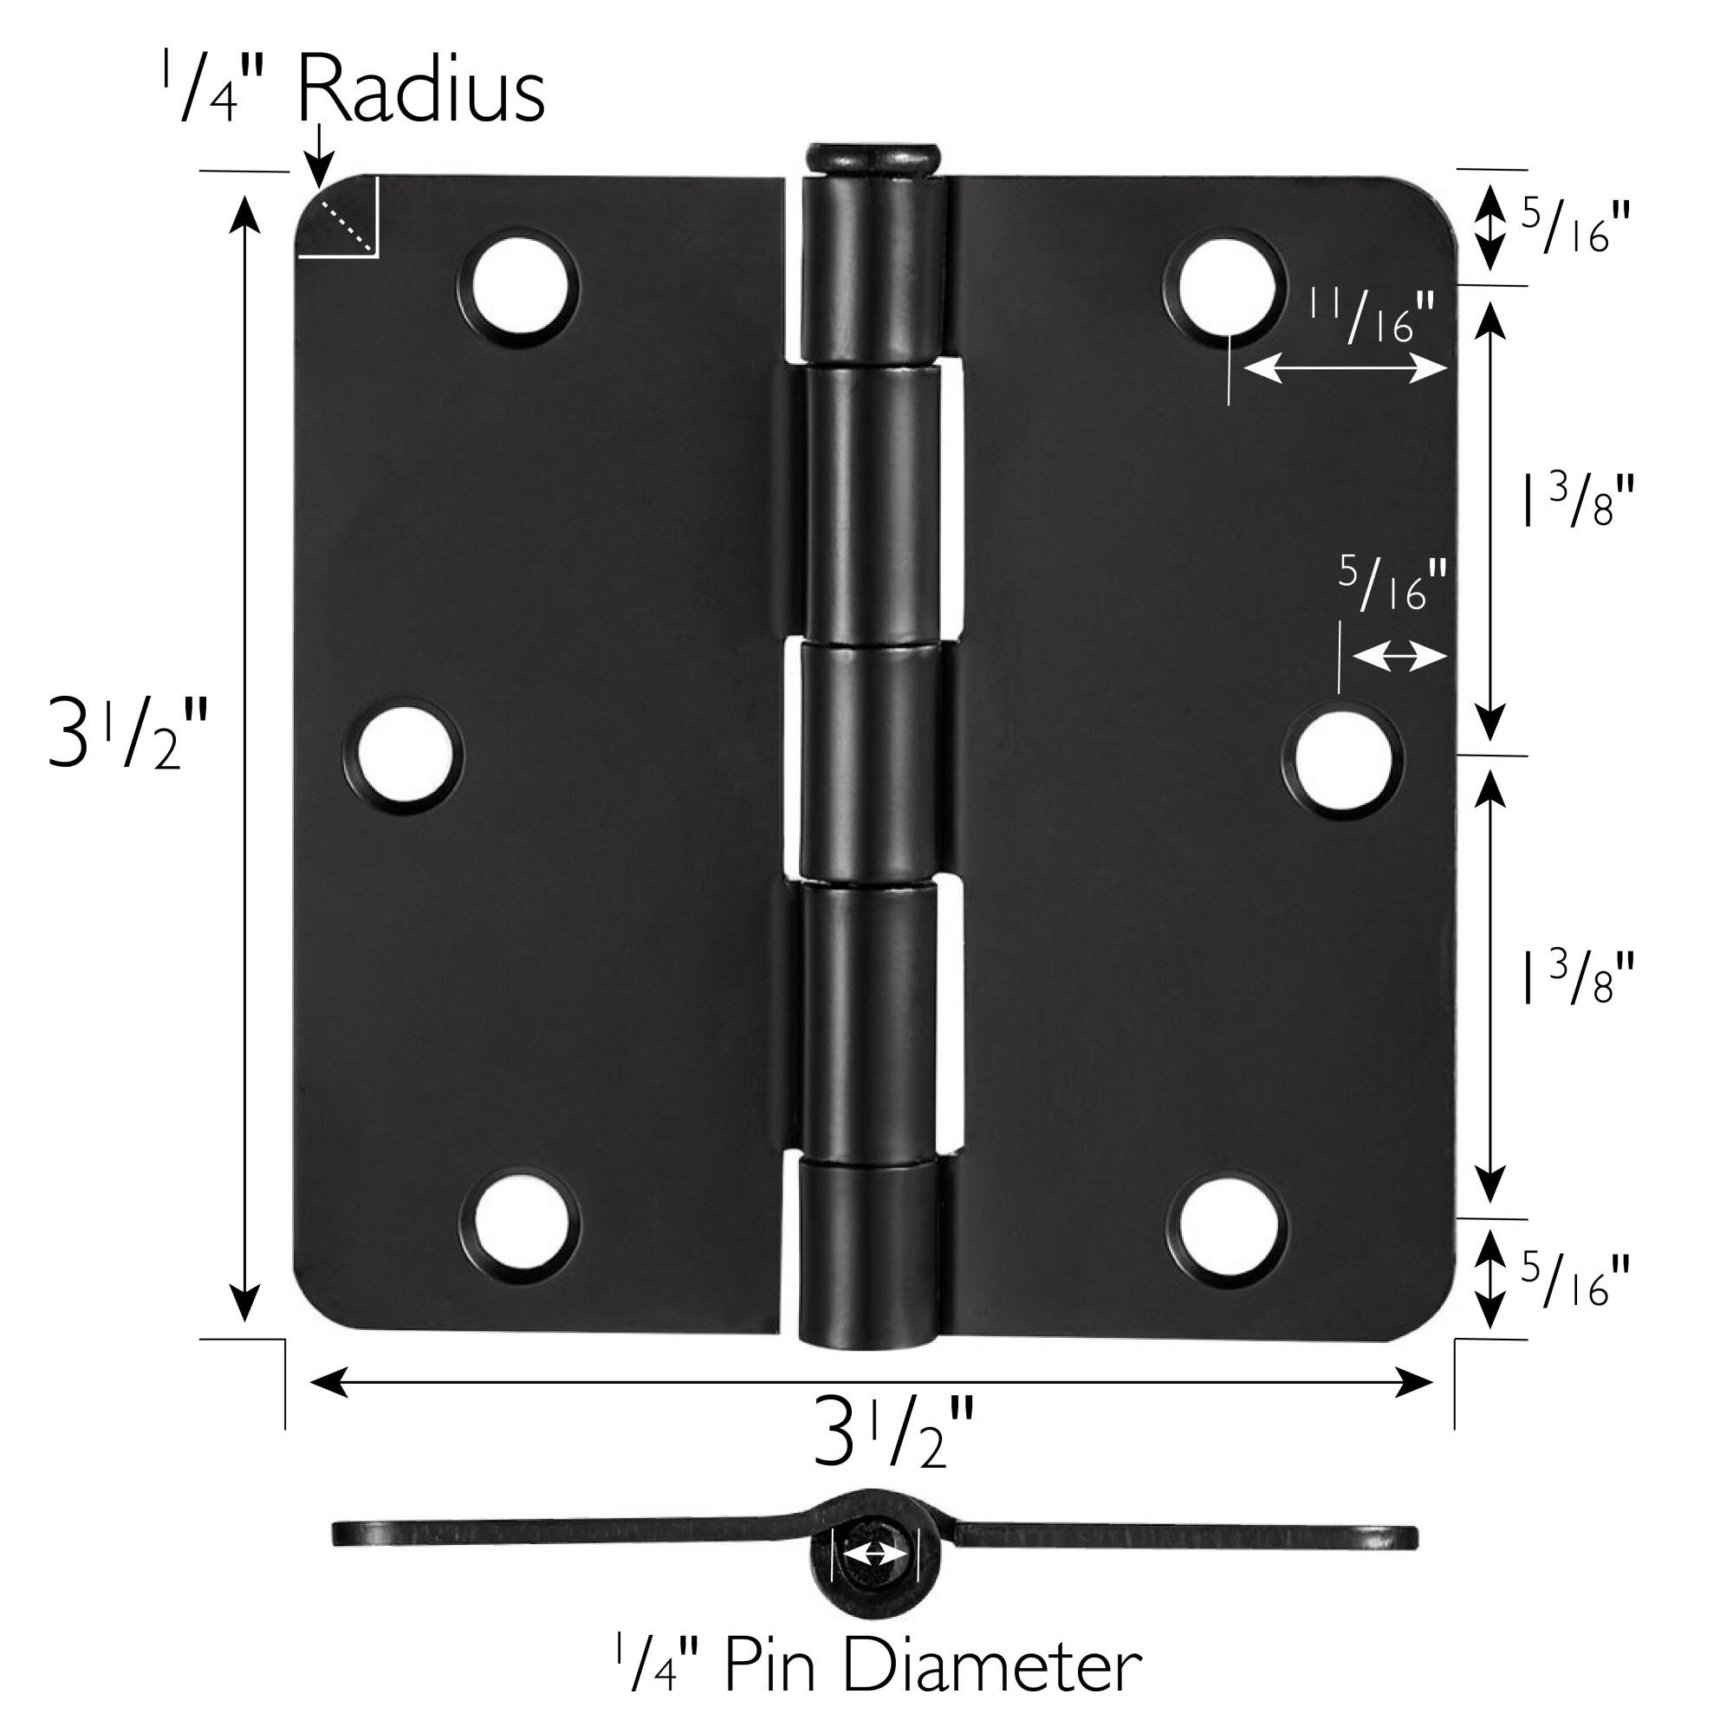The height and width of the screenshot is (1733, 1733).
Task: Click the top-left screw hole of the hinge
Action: pyautogui.click(x=517, y=287)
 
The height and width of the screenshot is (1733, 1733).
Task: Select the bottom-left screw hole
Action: pyautogui.click(x=518, y=1222)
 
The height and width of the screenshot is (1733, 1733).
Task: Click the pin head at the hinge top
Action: pyautogui.click(x=872, y=159)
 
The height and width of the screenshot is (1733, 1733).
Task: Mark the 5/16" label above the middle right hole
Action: pyautogui.click(x=1393, y=583)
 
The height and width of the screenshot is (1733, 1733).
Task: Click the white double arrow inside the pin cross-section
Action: pyautogui.click(x=875, y=1554)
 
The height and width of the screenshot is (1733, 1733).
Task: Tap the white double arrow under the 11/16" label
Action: pyautogui.click(x=1345, y=367)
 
